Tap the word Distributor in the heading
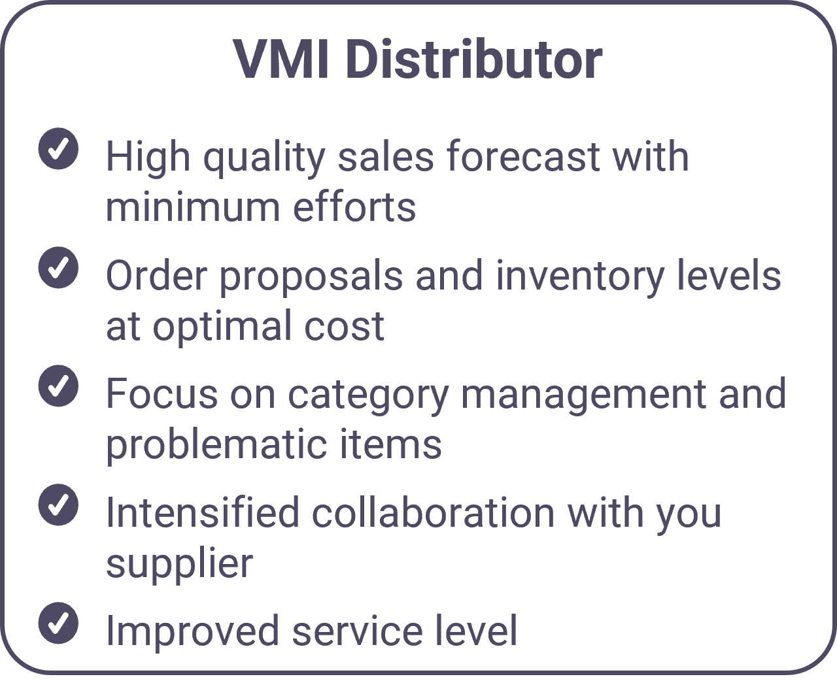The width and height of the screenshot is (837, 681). tap(473, 59)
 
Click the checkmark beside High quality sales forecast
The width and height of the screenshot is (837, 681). tap(58, 148)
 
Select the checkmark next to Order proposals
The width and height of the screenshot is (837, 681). tap(58, 267)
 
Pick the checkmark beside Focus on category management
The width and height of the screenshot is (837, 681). tap(58, 386)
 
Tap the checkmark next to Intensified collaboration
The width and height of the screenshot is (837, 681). tap(58, 505)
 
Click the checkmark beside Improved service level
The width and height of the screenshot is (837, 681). tap(58, 623)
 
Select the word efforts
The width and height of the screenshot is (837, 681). tap(354, 205)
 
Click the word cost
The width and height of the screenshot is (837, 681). tap(344, 327)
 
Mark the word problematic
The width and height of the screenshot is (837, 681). tap(216, 444)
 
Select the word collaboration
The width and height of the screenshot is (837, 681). tap(434, 512)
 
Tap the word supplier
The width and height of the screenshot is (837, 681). tap(180, 565)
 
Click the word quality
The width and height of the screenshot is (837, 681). tap(264, 158)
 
